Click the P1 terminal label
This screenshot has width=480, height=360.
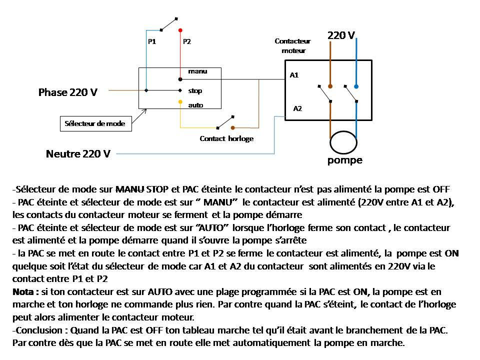[x=152, y=42]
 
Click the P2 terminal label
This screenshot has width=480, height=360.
[x=187, y=42]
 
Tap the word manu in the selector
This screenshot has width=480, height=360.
[x=197, y=71]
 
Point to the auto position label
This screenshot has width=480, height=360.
[x=195, y=105]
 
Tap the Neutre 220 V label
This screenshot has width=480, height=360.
[x=78, y=154]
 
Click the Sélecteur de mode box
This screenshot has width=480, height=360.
[x=95, y=123]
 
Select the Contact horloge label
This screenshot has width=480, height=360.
[x=226, y=139]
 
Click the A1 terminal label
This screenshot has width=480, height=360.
[x=294, y=75]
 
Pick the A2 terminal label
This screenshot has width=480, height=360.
[x=297, y=108]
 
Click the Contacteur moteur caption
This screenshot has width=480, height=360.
[x=293, y=46]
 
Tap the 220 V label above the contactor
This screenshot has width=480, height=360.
[x=341, y=35]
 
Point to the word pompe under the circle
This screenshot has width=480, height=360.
[x=345, y=160]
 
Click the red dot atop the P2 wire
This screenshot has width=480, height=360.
[x=180, y=30]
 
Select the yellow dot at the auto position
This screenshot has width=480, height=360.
[x=180, y=102]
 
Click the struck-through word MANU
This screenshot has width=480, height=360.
[x=130, y=189]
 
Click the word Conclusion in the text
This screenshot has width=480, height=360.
[x=39, y=330]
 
